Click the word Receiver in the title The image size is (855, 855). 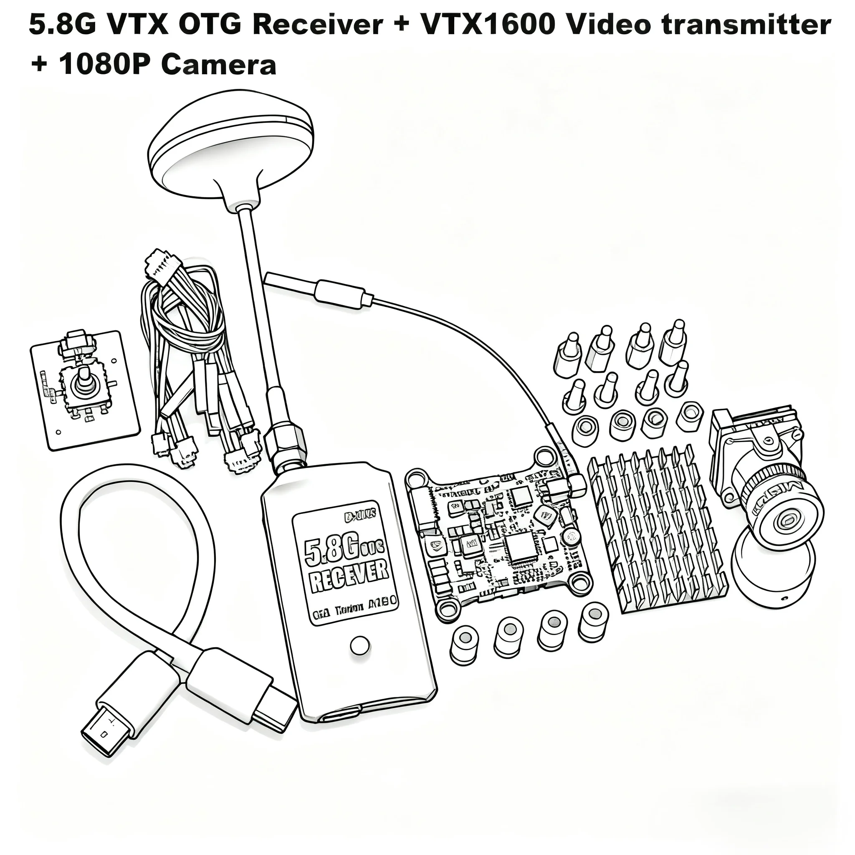[317, 25]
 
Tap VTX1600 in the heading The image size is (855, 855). [488, 25]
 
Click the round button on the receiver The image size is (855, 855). [360, 646]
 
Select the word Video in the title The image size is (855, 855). [601, 25]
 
